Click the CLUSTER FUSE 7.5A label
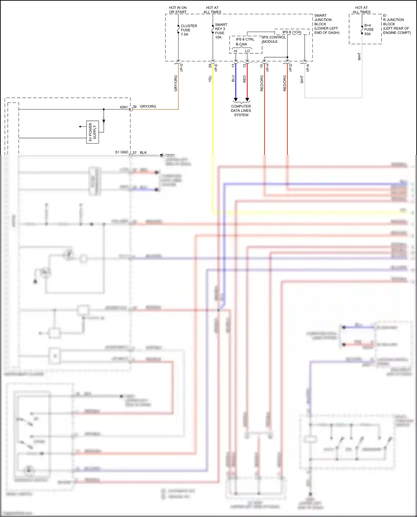188,30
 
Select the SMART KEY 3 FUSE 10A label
221,31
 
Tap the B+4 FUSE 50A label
369,29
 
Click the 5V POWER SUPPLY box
93,132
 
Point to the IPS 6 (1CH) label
292,32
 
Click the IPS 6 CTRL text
245,39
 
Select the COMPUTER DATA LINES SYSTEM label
241,111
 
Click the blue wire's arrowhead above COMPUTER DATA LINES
235,99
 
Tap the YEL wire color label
210,79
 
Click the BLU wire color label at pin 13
233,79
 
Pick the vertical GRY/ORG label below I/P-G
176,83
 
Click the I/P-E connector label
216,68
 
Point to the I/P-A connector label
308,68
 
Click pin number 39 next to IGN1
135,107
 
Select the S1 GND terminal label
121,152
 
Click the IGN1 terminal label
124,107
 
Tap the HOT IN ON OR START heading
178,10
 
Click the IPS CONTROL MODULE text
274,39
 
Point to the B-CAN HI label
235,51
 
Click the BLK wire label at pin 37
143,153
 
